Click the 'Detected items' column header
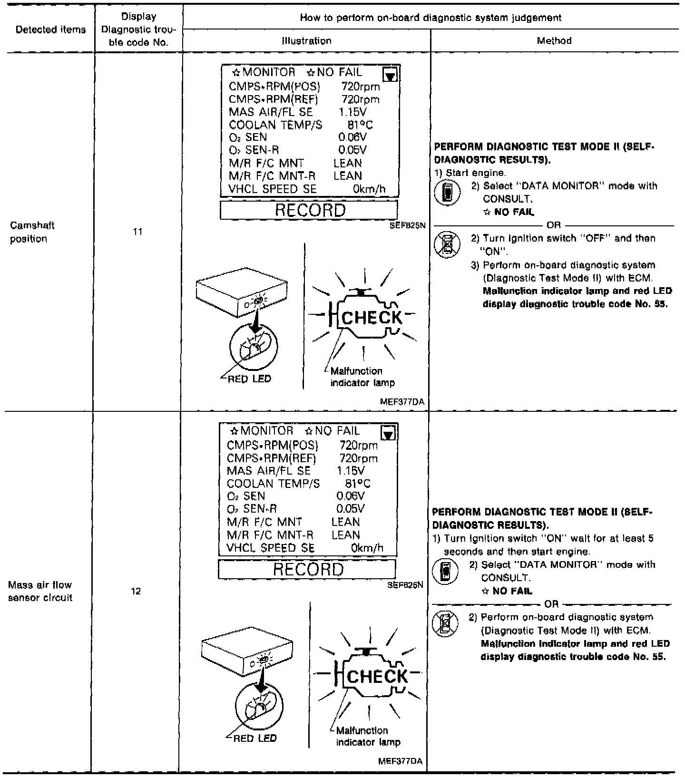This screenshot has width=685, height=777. pyautogui.click(x=50, y=29)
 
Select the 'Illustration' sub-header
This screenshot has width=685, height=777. pyautogui.click(x=306, y=41)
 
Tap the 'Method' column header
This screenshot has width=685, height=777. pyautogui.click(x=554, y=41)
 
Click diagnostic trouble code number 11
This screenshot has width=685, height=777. pyautogui.click(x=137, y=232)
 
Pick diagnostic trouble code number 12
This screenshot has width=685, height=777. pyautogui.click(x=136, y=591)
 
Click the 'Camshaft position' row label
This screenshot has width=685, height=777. pyautogui.click(x=32, y=232)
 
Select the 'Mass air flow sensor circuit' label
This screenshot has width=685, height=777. pyautogui.click(x=40, y=591)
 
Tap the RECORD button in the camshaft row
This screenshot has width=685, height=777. pyautogui.click(x=309, y=210)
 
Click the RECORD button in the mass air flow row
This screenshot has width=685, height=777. pyautogui.click(x=307, y=569)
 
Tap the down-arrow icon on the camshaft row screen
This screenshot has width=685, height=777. pyautogui.click(x=391, y=75)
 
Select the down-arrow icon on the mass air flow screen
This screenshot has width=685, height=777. pyautogui.click(x=389, y=434)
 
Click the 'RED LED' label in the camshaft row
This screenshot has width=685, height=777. pyautogui.click(x=249, y=379)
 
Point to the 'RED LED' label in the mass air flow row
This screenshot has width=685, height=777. pyautogui.click(x=255, y=738)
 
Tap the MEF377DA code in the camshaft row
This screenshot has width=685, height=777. pyautogui.click(x=402, y=402)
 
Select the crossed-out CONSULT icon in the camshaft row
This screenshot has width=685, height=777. pyautogui.click(x=447, y=244)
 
